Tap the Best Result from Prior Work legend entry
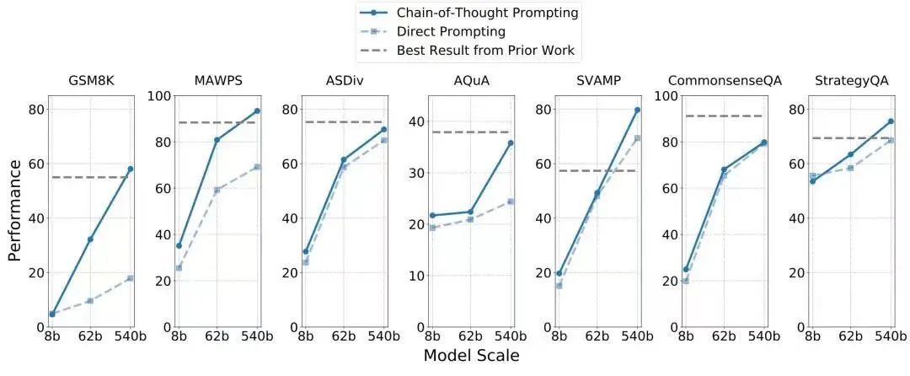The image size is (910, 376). (x=485, y=51)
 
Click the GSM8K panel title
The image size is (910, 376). (x=91, y=81)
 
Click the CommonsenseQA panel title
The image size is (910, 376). (x=725, y=81)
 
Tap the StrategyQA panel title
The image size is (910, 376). (x=851, y=81)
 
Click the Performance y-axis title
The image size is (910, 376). (x=15, y=211)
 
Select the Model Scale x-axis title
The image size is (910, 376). (x=471, y=356)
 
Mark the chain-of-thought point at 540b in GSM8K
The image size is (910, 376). (x=130, y=169)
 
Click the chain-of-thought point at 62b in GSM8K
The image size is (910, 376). (x=90, y=239)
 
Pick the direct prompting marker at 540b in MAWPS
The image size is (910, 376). (x=257, y=167)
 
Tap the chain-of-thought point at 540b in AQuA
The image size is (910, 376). (x=511, y=143)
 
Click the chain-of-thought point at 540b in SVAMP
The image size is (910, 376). (x=637, y=110)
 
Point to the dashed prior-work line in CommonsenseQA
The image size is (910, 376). (x=725, y=115)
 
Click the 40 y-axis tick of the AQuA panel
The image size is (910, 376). (x=415, y=121)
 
